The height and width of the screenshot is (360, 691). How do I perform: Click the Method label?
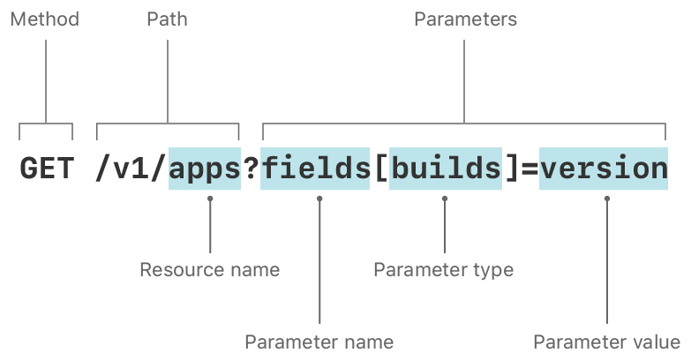tap(44, 19)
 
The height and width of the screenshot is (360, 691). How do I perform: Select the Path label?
tap(167, 19)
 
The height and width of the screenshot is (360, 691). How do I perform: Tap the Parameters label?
tap(465, 19)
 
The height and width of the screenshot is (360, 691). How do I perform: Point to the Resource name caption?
tap(209, 269)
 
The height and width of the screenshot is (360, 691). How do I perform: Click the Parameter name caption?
tap(319, 341)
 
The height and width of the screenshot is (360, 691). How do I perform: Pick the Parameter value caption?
tap(606, 341)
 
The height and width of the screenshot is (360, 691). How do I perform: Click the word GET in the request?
tap(47, 169)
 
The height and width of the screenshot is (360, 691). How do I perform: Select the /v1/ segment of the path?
tap(131, 169)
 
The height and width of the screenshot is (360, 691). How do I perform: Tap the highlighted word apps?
tap(205, 169)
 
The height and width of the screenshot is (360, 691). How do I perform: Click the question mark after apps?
tap(251, 169)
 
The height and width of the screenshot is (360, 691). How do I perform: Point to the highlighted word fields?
tap(315, 169)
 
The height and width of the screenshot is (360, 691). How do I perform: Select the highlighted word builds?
tap(446, 169)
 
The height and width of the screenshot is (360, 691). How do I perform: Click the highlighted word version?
tap(604, 169)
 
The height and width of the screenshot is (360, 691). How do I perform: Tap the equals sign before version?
tap(529, 169)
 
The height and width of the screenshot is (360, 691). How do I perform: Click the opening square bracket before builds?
tap(380, 169)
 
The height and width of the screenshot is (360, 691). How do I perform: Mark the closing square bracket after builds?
tap(511, 169)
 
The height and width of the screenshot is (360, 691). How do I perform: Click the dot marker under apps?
tap(210, 199)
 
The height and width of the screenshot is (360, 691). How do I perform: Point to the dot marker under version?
tap(607, 199)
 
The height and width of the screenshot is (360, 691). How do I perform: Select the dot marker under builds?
tap(445, 199)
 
